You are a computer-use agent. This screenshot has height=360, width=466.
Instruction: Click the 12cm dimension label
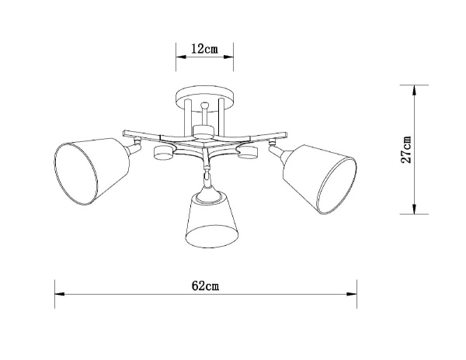[x=203, y=48]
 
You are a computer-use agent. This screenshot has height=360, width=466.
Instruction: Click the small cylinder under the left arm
[x=164, y=153]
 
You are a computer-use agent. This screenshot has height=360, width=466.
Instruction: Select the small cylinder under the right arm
[x=249, y=153]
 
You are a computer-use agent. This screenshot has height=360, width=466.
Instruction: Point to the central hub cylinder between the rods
[x=203, y=129]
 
